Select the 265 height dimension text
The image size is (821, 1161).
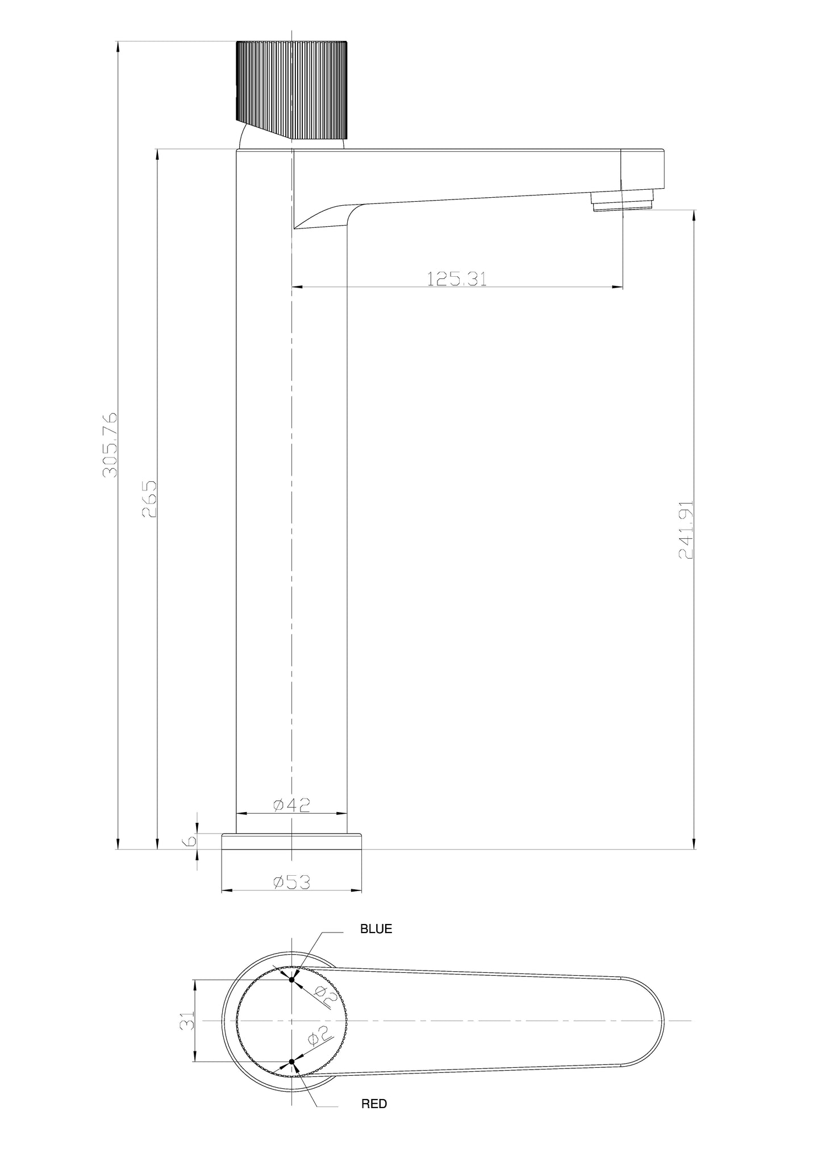(149, 498)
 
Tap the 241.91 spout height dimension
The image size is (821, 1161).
(686, 530)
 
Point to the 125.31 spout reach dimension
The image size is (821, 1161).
(457, 278)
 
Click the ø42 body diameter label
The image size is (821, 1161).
(291, 805)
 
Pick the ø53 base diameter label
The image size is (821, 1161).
(291, 882)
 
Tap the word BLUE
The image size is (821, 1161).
(376, 929)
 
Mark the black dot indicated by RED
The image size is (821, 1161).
(292, 1062)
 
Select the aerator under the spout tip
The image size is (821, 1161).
(623, 201)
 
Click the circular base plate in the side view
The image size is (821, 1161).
(291, 842)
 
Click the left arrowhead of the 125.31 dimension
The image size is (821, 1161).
(295, 288)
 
